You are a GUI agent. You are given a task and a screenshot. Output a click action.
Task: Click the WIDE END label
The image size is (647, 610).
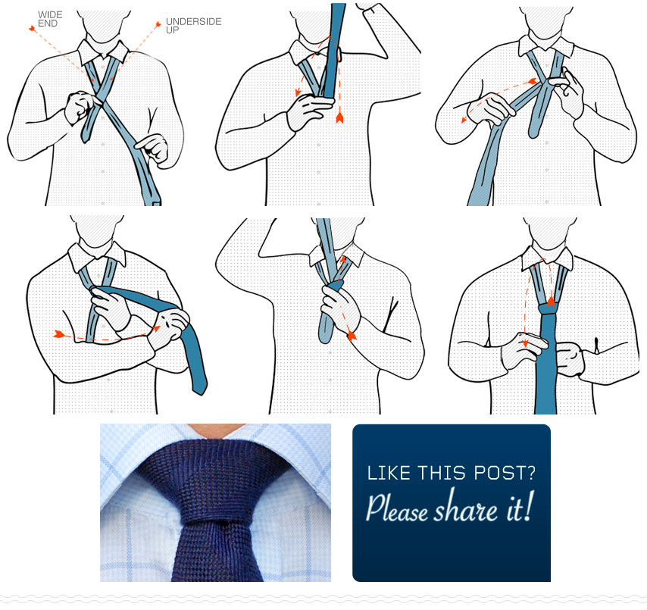click(x=49, y=18)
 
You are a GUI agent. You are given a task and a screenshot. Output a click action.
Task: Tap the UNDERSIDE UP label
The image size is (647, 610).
click(x=193, y=26)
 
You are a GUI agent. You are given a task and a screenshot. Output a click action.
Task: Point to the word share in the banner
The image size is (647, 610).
click(x=464, y=510)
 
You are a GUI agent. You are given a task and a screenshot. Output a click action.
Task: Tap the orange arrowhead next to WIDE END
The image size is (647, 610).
click(x=33, y=28)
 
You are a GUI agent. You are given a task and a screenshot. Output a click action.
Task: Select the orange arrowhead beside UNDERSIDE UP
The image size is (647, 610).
click(x=158, y=25)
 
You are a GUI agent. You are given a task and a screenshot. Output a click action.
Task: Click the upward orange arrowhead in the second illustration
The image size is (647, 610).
click(x=339, y=117)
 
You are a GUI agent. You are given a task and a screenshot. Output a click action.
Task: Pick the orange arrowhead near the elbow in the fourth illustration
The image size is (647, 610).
click(x=58, y=333)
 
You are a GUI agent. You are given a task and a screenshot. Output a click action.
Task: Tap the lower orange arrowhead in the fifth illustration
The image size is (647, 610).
click(x=351, y=333)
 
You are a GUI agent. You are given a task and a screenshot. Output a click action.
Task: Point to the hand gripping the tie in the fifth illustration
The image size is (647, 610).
click(x=337, y=303)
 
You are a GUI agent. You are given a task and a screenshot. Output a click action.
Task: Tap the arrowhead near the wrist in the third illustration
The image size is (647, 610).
click(x=464, y=118)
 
